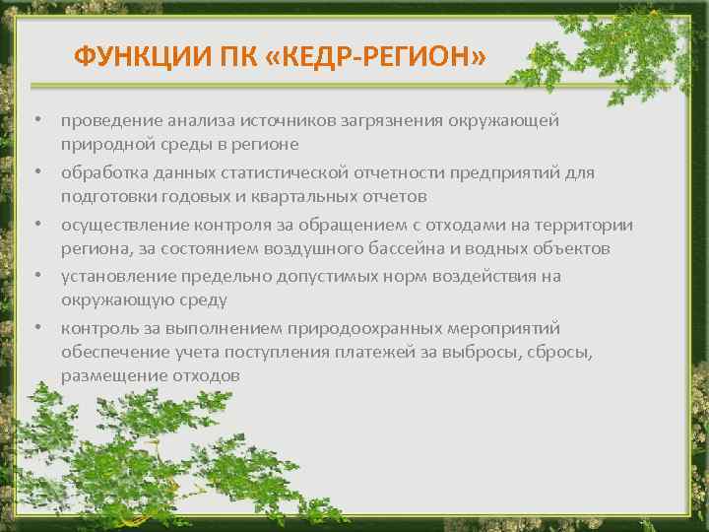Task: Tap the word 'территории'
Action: [x=588, y=225]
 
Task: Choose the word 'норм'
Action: [x=421, y=276]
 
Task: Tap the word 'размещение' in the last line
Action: [x=108, y=375]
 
